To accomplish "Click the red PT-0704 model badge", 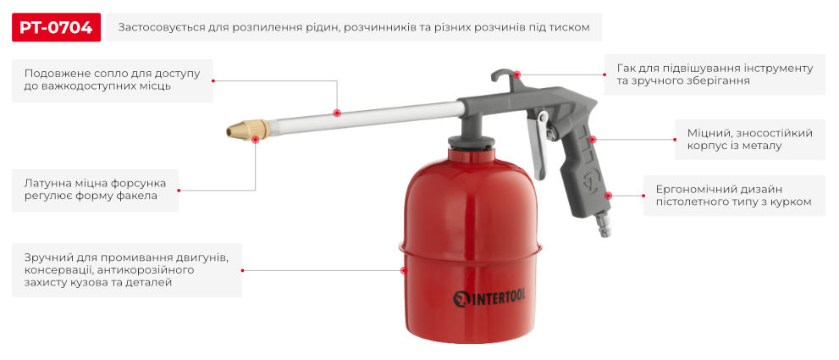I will (x=57, y=27).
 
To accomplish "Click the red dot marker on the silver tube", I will (x=337, y=114).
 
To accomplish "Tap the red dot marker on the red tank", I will (x=404, y=270).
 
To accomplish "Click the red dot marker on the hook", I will (x=517, y=74).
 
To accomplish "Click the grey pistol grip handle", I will (x=588, y=169).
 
